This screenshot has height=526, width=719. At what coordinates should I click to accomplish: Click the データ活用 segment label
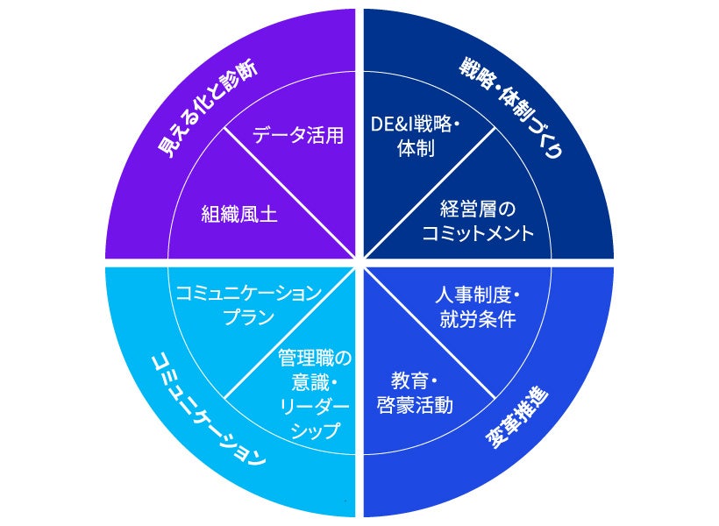298,135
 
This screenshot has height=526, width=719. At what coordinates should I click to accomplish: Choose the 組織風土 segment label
239,214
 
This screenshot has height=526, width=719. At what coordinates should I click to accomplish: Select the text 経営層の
477,210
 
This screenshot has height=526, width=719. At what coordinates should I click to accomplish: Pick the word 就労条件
477,317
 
